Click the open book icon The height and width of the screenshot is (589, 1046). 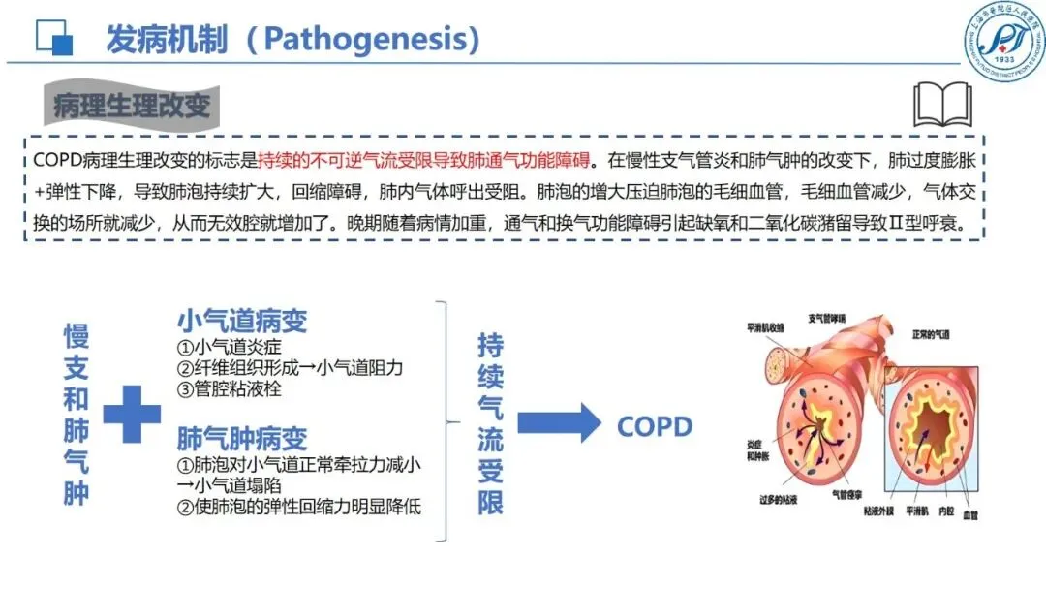coord(944,104)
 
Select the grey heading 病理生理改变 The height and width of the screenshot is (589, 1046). coord(132,105)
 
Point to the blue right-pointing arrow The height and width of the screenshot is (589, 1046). coord(559,424)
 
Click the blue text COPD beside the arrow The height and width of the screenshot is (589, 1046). coord(655,426)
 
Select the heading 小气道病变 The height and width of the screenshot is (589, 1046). coord(241,321)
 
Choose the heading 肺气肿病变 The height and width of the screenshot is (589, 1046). coord(241,438)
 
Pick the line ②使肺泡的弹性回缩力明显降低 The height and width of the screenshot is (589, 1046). coord(298,507)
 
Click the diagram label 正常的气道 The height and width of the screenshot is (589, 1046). coord(931,334)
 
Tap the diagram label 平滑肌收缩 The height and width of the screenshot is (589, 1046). coord(766,326)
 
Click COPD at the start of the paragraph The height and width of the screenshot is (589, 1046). coord(55,159)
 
